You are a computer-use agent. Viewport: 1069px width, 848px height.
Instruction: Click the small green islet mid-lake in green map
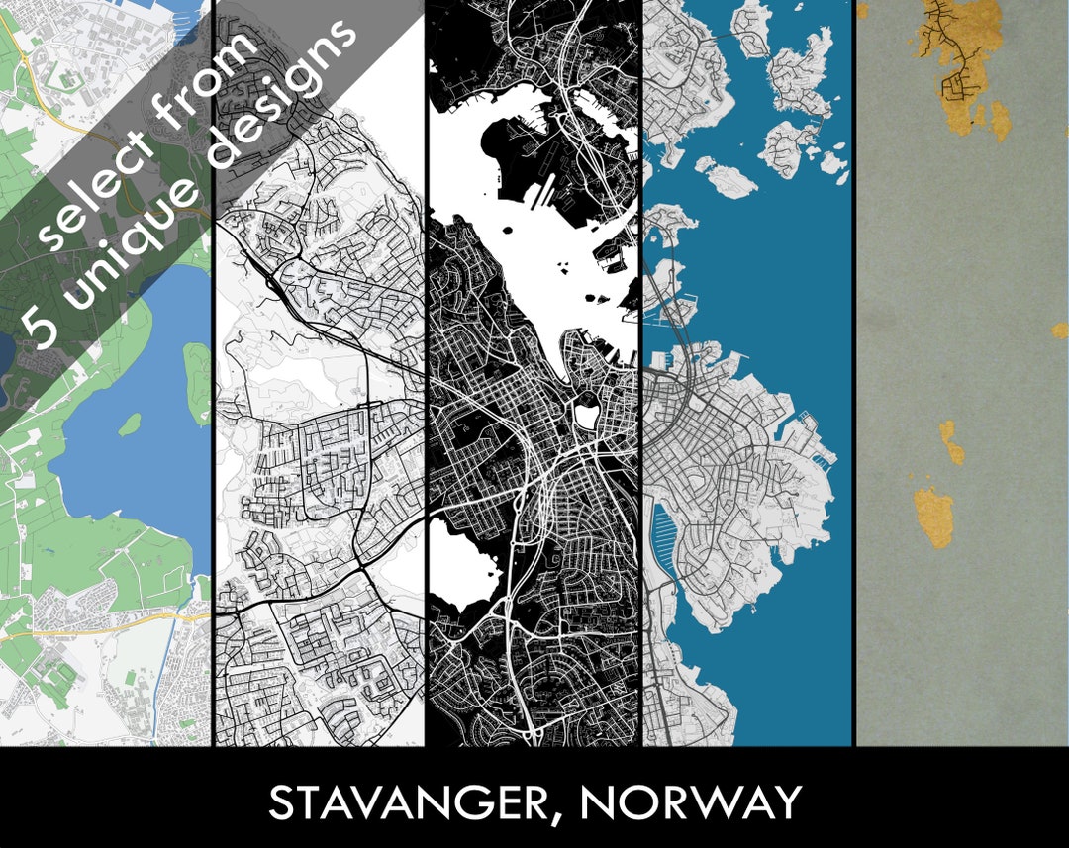130,424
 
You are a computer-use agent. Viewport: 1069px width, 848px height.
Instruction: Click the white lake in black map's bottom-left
461,560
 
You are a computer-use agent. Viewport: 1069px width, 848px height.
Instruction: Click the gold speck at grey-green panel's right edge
1060,330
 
